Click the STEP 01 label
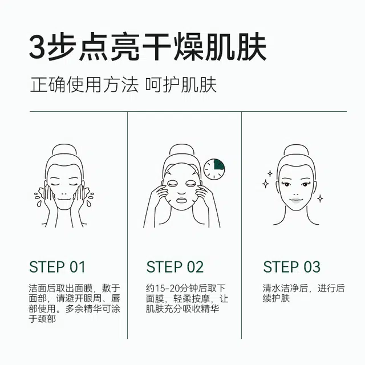point(57,267)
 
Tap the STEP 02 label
point(175,267)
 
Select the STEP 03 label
point(291,267)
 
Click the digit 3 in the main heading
point(37,47)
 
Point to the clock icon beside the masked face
point(214,169)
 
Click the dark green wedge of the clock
point(219,164)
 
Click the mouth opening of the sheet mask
point(182,200)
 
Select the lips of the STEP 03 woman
point(295,200)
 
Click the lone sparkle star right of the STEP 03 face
point(321,198)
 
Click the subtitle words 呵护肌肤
point(181,85)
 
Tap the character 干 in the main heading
point(156,47)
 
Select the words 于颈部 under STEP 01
point(42,319)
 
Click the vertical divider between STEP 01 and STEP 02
point(128,225)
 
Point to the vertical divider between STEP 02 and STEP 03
point(242,225)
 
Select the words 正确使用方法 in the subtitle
point(84,85)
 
